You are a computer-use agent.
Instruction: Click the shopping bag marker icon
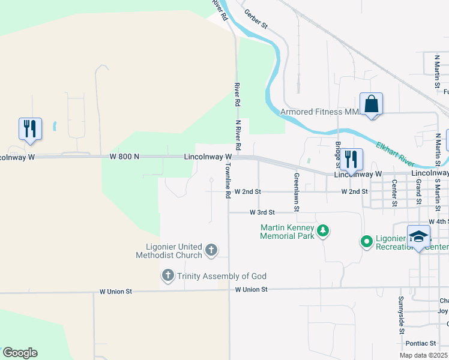pos(372,104)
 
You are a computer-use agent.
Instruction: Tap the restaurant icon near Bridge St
pos(351,160)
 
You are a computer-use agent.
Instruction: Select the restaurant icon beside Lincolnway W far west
pos(30,129)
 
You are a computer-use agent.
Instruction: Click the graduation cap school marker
pos(418,236)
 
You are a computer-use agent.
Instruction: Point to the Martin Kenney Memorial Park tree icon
pos(323,230)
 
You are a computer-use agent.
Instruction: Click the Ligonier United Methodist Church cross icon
pos(211,249)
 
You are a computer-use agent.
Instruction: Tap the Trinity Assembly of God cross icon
pos(167,276)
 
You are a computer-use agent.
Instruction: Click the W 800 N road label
pos(125,157)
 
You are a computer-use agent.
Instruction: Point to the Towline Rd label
pos(228,181)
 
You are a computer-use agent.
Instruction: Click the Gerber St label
pos(256,20)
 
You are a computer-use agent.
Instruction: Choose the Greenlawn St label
pos(297,193)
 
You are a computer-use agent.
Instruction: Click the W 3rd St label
pos(262,212)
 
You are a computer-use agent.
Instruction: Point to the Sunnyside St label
pos(401,314)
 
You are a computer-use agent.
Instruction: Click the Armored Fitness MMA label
pos(319,112)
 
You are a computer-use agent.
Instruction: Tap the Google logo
pos(20,353)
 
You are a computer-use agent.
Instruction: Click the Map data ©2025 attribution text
pos(423,355)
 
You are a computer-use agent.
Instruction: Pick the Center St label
pos(394,192)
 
